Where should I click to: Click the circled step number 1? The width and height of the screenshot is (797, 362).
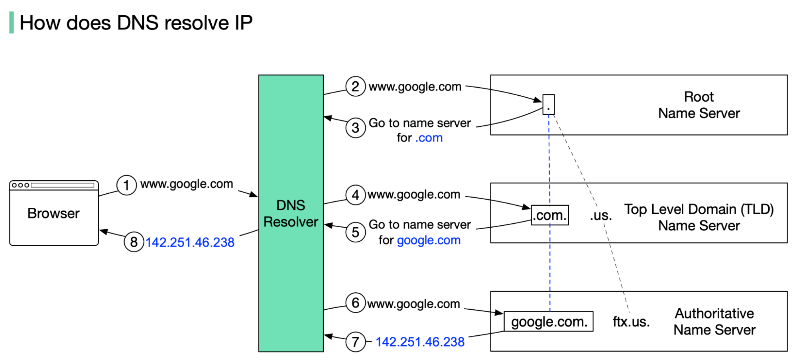pyautogui.click(x=126, y=185)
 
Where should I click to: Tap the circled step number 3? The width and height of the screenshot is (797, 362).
pyautogui.click(x=355, y=128)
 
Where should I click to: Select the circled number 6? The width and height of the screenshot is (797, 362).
pyautogui.click(x=355, y=303)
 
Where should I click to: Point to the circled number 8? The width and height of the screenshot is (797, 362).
pyautogui.click(x=134, y=242)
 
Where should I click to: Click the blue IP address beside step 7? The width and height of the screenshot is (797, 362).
pyautogui.click(x=420, y=342)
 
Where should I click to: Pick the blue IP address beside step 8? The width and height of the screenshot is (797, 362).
pyautogui.click(x=190, y=242)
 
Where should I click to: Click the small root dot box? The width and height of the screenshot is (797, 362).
pyautogui.click(x=549, y=104)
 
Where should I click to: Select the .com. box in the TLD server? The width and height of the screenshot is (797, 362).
pyautogui.click(x=550, y=215)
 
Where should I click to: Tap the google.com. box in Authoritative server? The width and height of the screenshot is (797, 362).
pyautogui.click(x=549, y=322)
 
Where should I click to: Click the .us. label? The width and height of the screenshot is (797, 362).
pyautogui.click(x=600, y=216)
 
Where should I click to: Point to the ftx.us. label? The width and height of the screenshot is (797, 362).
pyautogui.click(x=631, y=322)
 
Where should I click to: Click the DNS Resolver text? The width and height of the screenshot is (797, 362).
pyautogui.click(x=291, y=214)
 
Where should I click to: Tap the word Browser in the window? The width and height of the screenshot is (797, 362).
pyautogui.click(x=53, y=214)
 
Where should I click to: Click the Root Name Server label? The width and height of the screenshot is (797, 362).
pyautogui.click(x=699, y=105)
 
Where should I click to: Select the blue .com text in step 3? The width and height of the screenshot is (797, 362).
pyautogui.click(x=429, y=138)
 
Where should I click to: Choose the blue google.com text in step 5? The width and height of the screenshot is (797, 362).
pyautogui.click(x=429, y=240)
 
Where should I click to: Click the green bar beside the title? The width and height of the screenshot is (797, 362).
pyautogui.click(x=12, y=23)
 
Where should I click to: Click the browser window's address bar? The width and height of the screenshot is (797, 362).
pyautogui.click(x=62, y=185)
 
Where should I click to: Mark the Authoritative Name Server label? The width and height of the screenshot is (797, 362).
pyautogui.click(x=714, y=322)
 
